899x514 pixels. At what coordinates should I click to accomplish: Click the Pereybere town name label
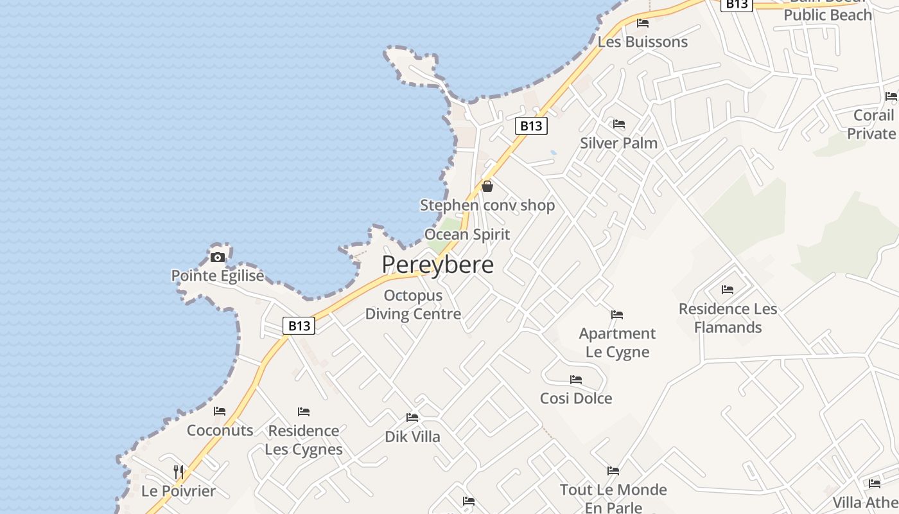(x=438, y=265)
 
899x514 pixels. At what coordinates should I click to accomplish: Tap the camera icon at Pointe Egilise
(x=218, y=258)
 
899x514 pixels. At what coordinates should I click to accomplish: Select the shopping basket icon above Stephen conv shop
(x=487, y=186)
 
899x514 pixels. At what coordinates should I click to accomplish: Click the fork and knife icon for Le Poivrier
(x=179, y=472)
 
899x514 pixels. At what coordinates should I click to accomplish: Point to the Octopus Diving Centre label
(x=413, y=305)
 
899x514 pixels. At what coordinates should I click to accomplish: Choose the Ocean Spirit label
(x=467, y=235)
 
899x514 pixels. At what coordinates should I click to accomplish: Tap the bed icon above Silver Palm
(x=619, y=123)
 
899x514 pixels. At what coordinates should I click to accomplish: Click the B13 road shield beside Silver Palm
(x=531, y=126)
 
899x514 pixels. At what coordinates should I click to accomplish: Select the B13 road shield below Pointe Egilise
(x=299, y=326)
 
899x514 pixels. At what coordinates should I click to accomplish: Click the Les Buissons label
(x=642, y=42)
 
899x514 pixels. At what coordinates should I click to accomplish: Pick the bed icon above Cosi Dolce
(x=576, y=380)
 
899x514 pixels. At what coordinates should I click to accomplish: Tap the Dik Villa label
(x=412, y=437)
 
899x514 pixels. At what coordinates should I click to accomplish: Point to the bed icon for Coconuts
(x=220, y=411)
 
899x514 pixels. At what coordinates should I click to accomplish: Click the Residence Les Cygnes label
(x=304, y=439)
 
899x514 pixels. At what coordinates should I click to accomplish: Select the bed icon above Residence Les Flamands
(x=728, y=290)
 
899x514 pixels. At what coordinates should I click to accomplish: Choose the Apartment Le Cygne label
(x=617, y=342)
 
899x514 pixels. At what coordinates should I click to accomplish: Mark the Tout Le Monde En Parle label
(x=613, y=498)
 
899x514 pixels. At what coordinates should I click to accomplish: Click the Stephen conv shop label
(x=487, y=206)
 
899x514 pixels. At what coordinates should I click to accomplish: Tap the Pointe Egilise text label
(x=218, y=276)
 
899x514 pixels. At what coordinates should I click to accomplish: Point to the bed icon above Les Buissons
(x=643, y=23)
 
